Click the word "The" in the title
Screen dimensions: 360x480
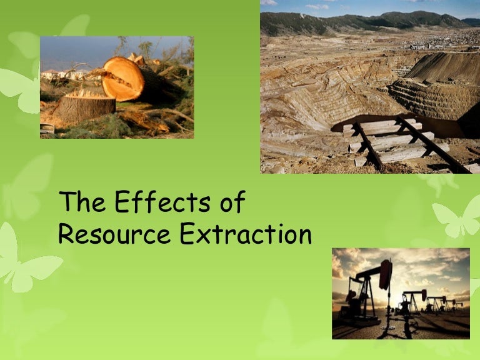[77, 204]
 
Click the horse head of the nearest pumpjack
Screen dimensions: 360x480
[385, 273]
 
